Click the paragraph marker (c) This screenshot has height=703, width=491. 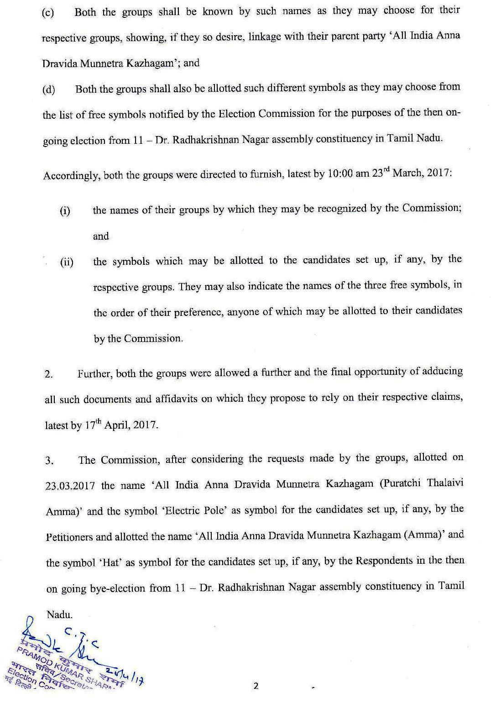pyautogui.click(x=47, y=13)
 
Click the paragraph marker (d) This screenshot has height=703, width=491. pyautogui.click(x=48, y=89)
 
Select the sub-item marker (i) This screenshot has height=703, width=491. pyautogui.click(x=65, y=211)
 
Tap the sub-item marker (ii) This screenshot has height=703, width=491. pyautogui.click(x=66, y=262)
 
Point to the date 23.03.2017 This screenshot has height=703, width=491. pyautogui.click(x=70, y=486)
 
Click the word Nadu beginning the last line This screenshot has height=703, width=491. pyautogui.click(x=59, y=614)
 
